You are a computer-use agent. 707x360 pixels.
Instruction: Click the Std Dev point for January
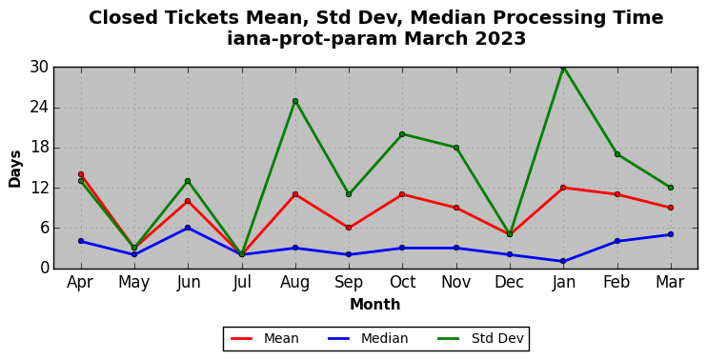coord(563,68)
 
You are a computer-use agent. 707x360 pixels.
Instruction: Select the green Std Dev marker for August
coord(295,101)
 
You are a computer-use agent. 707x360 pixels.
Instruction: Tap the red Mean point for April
coord(81,174)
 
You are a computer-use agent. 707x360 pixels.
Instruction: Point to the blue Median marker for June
coord(188,228)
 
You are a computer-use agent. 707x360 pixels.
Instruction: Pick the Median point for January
coord(563,261)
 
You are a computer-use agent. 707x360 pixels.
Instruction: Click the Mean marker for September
coord(349,228)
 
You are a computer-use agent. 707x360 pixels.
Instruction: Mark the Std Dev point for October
coord(402,134)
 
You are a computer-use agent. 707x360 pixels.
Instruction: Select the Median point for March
coord(671,234)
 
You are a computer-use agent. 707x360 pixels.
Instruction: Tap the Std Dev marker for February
coord(617,154)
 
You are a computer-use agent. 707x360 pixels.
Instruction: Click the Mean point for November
coord(456,208)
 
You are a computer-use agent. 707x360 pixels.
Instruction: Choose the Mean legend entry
coord(265,338)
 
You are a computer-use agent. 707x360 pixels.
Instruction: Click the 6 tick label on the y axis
coord(44,228)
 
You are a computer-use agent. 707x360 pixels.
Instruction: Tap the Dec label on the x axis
coord(510,283)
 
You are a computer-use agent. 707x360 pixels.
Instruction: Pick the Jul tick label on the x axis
coord(242,283)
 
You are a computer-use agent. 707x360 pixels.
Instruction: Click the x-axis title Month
coord(375,305)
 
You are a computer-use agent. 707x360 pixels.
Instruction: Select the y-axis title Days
coord(15,169)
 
